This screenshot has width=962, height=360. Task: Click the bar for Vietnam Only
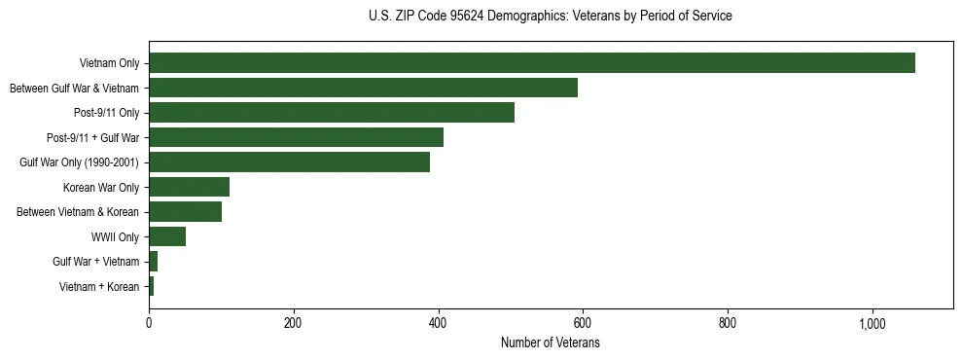click(x=532, y=63)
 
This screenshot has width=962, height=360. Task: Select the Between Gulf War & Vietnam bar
click(x=363, y=89)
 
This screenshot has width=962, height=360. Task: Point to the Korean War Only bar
click(x=189, y=187)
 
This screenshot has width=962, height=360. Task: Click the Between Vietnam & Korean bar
click(x=185, y=212)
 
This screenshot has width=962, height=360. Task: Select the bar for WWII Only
click(x=167, y=236)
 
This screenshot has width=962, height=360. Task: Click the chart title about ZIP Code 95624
click(x=551, y=17)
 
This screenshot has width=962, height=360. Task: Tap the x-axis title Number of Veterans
click(x=551, y=343)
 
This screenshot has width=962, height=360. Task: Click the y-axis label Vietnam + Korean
click(x=99, y=287)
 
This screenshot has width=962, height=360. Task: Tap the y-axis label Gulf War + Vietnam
click(x=96, y=262)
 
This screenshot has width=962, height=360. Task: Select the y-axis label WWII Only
click(x=115, y=237)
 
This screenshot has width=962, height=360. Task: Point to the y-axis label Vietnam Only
click(x=109, y=64)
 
